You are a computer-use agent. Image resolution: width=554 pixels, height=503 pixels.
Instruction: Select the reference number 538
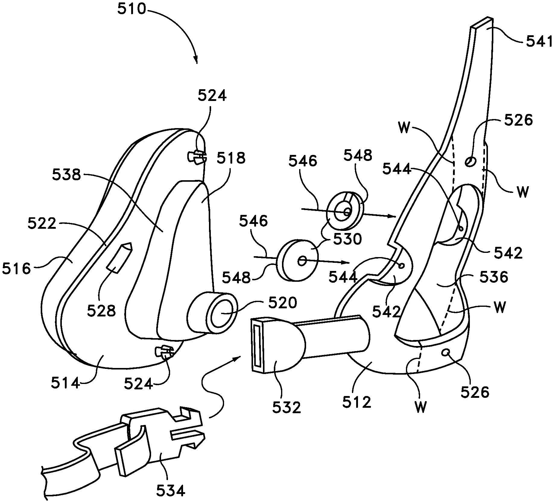66,174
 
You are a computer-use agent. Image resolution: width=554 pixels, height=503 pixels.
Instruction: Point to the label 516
16,269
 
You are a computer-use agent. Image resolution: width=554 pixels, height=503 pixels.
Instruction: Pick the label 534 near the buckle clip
170,491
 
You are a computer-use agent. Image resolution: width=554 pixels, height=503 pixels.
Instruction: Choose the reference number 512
356,402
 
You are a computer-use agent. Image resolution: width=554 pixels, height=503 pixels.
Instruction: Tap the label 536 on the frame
494,276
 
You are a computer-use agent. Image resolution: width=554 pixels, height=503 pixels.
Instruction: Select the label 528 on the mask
101,311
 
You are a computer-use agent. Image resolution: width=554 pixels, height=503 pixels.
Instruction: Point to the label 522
42,224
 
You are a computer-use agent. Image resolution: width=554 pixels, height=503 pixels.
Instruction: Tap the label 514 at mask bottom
65,384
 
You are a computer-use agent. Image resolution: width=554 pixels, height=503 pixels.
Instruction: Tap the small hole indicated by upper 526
470,162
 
